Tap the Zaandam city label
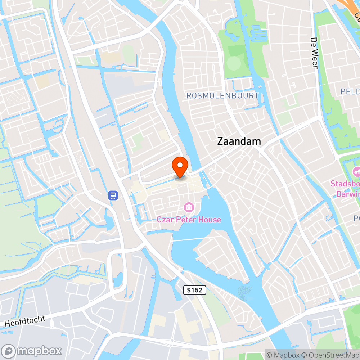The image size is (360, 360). (x=239, y=141)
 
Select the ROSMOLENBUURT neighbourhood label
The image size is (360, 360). (x=222, y=95)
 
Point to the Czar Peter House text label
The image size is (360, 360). (x=189, y=219)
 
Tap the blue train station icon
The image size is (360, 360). (x=113, y=195)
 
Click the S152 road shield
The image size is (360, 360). (x=195, y=290)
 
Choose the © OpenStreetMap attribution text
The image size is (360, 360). (x=330, y=355)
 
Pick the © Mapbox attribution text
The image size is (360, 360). (x=284, y=355)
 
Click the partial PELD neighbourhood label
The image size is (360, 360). (x=350, y=91)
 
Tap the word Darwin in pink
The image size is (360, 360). (x=348, y=194)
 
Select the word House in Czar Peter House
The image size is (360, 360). (x=210, y=219)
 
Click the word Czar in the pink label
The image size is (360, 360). (x=164, y=219)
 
